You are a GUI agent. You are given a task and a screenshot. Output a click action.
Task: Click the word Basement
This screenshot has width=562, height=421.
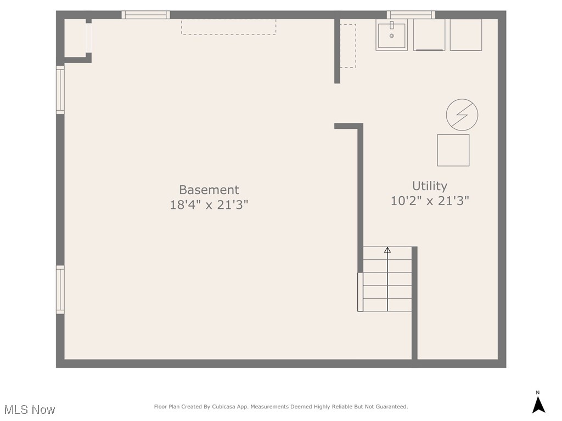coord(209,189)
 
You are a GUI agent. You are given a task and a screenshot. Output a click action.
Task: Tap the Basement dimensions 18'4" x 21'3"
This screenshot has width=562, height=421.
coord(209,205)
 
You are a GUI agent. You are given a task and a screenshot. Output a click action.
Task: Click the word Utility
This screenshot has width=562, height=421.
coord(429,186)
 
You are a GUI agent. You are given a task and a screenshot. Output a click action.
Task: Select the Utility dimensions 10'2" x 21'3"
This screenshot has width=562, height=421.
coord(430,201)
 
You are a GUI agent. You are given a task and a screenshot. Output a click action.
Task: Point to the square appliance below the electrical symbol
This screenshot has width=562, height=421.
coord(453,150)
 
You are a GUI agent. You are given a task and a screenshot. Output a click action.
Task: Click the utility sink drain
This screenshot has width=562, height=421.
coord(392,36)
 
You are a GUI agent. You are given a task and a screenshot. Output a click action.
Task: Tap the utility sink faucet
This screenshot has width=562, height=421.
coord(392,25)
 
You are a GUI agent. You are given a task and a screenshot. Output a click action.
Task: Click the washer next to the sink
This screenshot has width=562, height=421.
coord(429,35)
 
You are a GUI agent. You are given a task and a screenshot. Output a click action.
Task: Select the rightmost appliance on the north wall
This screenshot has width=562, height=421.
coord(466,35)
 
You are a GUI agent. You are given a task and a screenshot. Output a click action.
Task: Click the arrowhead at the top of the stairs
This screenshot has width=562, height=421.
coord(387,250)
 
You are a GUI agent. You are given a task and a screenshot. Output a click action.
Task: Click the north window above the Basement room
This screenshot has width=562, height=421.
coord(145,15)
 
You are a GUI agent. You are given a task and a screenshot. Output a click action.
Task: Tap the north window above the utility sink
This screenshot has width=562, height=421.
coord(411,15)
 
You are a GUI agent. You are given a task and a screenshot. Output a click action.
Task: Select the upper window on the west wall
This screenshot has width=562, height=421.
coord(60,90)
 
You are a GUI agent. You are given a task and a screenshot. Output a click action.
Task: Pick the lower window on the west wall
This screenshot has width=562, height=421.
coord(60,289)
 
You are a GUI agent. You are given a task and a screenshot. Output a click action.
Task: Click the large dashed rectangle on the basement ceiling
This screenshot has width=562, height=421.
coord(229,27)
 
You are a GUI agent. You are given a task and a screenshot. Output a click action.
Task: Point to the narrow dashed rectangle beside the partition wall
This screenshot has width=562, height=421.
coord(348,46)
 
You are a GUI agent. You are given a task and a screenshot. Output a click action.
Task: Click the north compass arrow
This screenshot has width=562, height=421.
coord(538,405)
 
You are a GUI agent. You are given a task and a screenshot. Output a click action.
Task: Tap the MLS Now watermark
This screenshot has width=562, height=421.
coord(30,409)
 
